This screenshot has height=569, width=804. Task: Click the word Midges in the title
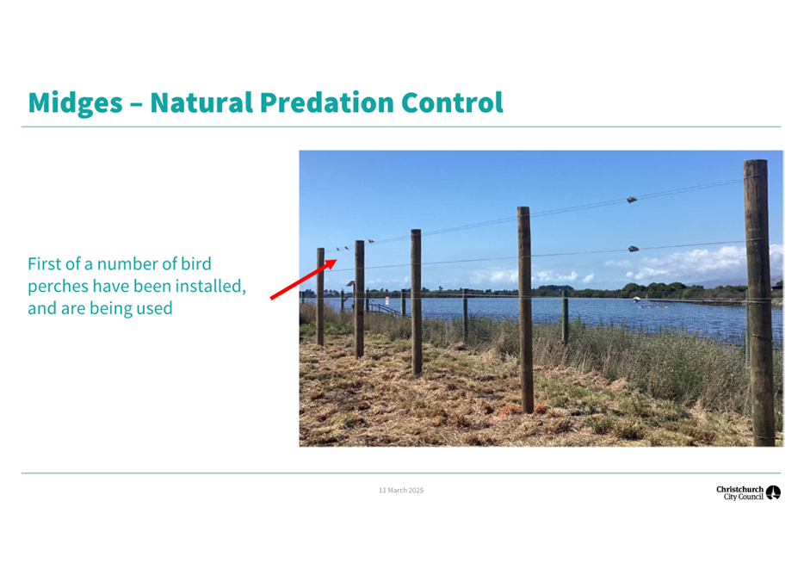(x=76, y=103)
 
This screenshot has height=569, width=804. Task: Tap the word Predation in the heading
(x=327, y=102)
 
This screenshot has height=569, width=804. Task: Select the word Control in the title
(x=452, y=102)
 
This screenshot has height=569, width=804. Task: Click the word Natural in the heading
(x=201, y=102)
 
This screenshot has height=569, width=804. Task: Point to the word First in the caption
(x=45, y=263)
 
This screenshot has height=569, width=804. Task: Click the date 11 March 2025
(x=401, y=491)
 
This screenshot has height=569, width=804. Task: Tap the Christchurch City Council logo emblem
(x=773, y=492)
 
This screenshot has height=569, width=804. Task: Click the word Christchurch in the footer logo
(x=740, y=489)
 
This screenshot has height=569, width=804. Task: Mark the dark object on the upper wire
(x=632, y=200)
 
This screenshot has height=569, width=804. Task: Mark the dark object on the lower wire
(x=634, y=249)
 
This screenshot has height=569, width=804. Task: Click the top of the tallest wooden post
(x=756, y=162)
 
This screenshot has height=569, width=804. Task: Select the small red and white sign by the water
(x=387, y=300)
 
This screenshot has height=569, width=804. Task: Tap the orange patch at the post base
(x=510, y=410)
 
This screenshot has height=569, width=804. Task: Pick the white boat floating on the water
(x=636, y=299)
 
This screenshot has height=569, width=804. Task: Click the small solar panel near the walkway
(x=350, y=283)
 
